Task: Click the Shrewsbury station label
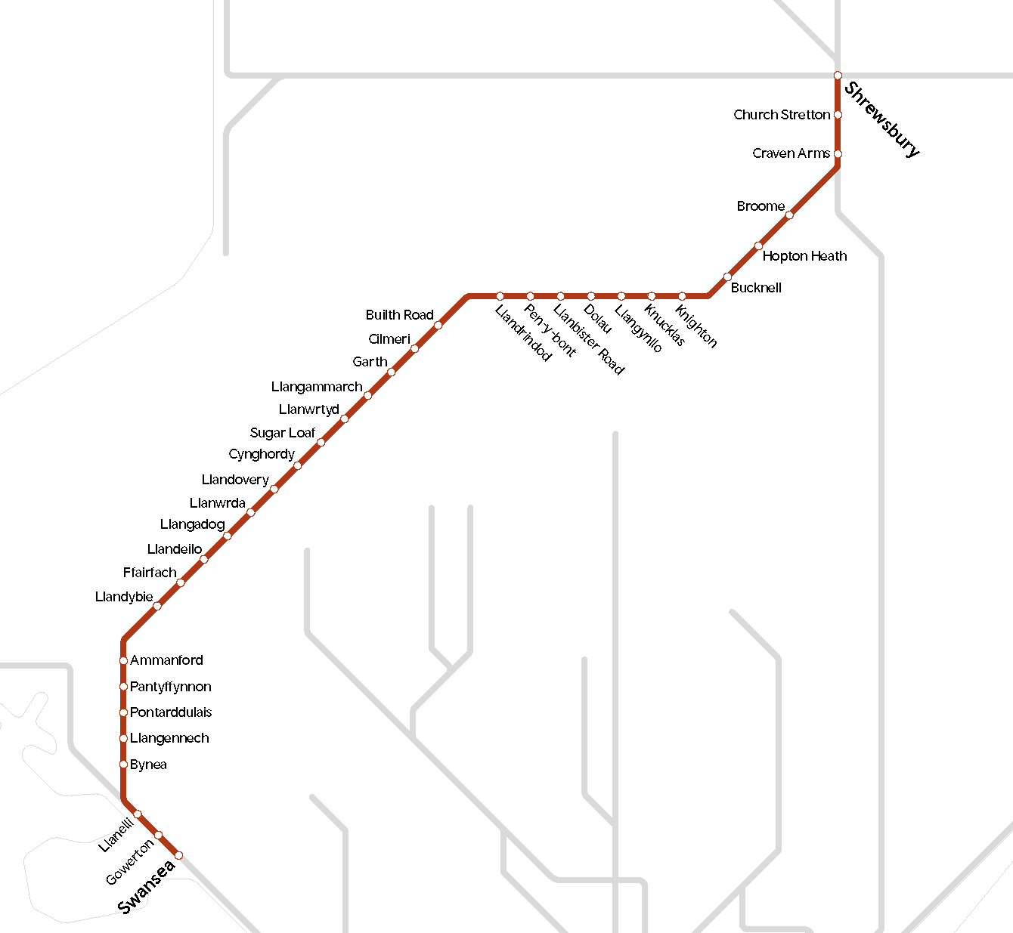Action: pyautogui.click(x=882, y=119)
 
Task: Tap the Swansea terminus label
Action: pyautogui.click(x=147, y=886)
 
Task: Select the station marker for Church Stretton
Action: pyautogui.click(x=838, y=115)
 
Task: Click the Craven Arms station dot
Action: pyautogui.click(x=838, y=153)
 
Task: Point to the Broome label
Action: pyautogui.click(x=761, y=206)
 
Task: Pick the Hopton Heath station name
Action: pyautogui.click(x=804, y=256)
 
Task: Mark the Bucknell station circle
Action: pyautogui.click(x=728, y=277)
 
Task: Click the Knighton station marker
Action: pyautogui.click(x=682, y=296)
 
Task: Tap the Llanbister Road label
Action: pyautogui.click(x=589, y=339)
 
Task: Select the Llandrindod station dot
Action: pyautogui.click(x=500, y=296)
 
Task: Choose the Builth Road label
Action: pyautogui.click(x=399, y=315)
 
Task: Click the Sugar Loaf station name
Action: pyautogui.click(x=282, y=433)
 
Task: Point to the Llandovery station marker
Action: pyautogui.click(x=274, y=489)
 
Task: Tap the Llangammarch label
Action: pyautogui.click(x=317, y=387)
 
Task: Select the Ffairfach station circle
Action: pyautogui.click(x=181, y=582)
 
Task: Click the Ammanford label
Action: pyautogui.click(x=166, y=660)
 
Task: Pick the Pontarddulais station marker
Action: pyautogui.click(x=123, y=712)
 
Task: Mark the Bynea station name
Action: pyautogui.click(x=148, y=765)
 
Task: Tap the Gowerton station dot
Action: pyautogui.click(x=158, y=835)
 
